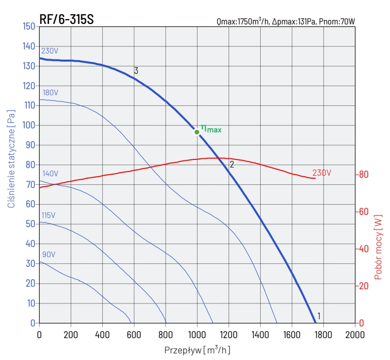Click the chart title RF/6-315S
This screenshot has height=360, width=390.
point(66,19)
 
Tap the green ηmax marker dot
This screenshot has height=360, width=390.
point(197,132)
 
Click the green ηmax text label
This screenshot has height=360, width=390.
point(211,129)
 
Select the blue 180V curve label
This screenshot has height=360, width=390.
point(50,93)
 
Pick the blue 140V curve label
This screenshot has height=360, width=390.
point(50,174)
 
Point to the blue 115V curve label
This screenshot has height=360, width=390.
point(48,215)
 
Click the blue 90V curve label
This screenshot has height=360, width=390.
point(49,255)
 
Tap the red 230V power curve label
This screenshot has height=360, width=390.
point(322,173)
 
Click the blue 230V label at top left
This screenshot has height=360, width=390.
point(49,51)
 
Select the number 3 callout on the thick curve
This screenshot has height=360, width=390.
point(136,71)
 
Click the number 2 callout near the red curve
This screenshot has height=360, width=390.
point(232,164)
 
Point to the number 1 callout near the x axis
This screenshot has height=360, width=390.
point(319,316)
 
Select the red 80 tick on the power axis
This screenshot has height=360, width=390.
point(363,175)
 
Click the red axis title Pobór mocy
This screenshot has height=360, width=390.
point(378,247)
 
